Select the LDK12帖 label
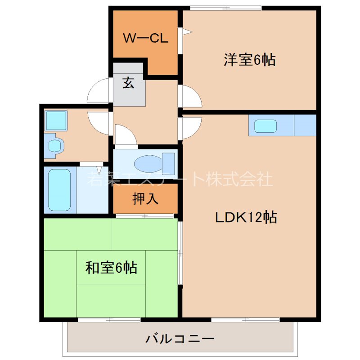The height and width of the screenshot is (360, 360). (x=245, y=217)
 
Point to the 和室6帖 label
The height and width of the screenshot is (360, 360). (x=111, y=268)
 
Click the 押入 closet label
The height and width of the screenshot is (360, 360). (x=145, y=198)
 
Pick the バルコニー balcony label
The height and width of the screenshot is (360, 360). (x=180, y=338)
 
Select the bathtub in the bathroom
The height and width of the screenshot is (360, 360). (x=59, y=189)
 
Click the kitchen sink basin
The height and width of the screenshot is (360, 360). (x=265, y=126)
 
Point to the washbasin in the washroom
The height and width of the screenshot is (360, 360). (x=55, y=145)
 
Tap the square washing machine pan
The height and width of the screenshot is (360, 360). (x=56, y=121)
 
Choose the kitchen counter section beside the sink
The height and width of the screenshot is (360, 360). (x=305, y=125)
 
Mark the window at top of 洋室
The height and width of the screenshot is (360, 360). (x=225, y=8)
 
